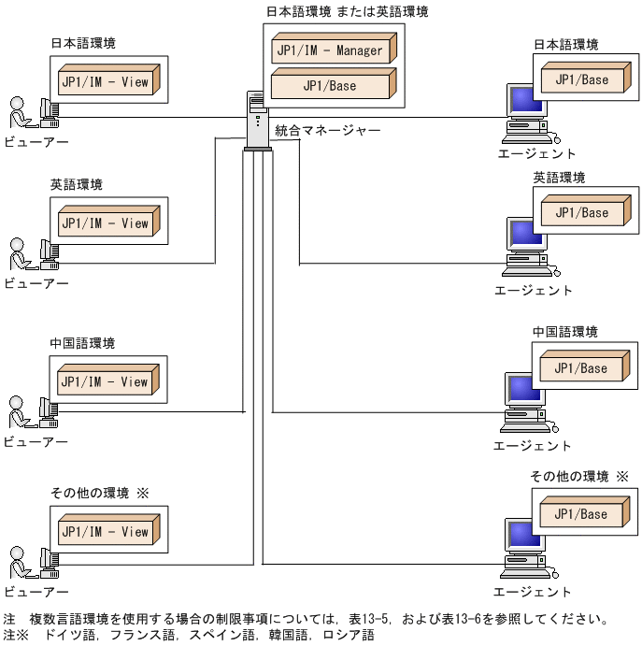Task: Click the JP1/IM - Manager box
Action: [330, 50]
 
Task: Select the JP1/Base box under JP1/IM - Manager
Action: [330, 86]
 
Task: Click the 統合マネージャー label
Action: [327, 131]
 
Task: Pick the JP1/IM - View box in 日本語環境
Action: [105, 82]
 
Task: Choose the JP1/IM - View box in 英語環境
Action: [105, 223]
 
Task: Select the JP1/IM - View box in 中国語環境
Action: [105, 381]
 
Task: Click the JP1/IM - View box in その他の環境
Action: [105, 532]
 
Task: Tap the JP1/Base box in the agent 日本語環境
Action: [581, 80]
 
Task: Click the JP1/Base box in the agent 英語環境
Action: [581, 213]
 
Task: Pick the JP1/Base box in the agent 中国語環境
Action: [581, 368]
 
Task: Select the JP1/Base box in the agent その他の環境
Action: [581, 513]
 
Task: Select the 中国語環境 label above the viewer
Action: [82, 343]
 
